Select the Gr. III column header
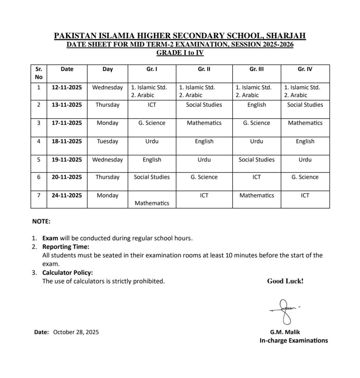pos(257,69)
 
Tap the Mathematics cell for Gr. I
pos(152,203)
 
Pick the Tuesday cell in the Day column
pos(107,141)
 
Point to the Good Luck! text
pos(285,281)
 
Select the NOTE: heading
pos(41,222)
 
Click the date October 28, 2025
pos(76,332)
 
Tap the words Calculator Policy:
pos(68,273)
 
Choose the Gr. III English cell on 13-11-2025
pos(257,105)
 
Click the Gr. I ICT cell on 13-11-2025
pos(152,105)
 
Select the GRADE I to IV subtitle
pos(180,53)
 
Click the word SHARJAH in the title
pos(286,36)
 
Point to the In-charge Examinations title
pos(294,340)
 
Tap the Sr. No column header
pos(39,73)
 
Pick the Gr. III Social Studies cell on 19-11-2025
pos(257,160)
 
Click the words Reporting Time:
pos(66,247)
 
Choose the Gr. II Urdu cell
pos(204,160)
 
